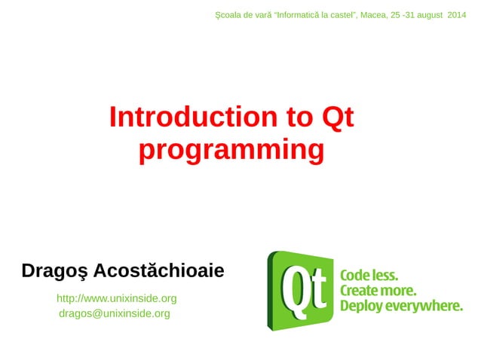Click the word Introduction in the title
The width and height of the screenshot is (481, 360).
pyautogui.click(x=192, y=117)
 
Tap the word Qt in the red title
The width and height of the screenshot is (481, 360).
pyautogui.click(x=338, y=117)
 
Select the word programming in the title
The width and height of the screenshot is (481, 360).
pyautogui.click(x=231, y=150)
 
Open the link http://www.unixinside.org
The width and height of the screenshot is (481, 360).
pyautogui.click(x=117, y=298)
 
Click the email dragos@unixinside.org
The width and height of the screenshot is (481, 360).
pyautogui.click(x=115, y=313)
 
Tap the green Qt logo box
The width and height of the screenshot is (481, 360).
pyautogui.click(x=299, y=290)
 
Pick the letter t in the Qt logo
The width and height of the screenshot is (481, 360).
pyautogui.click(x=318, y=290)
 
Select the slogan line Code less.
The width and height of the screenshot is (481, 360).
pyautogui.click(x=369, y=275)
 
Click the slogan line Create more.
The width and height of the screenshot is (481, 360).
pyautogui.click(x=378, y=290)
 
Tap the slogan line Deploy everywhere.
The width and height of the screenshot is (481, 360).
pyautogui.click(x=401, y=306)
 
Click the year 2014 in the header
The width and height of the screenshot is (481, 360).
pyautogui.click(x=456, y=15)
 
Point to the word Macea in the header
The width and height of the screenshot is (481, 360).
pyautogui.click(x=373, y=15)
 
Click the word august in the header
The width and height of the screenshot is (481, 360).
pyautogui.click(x=427, y=15)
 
